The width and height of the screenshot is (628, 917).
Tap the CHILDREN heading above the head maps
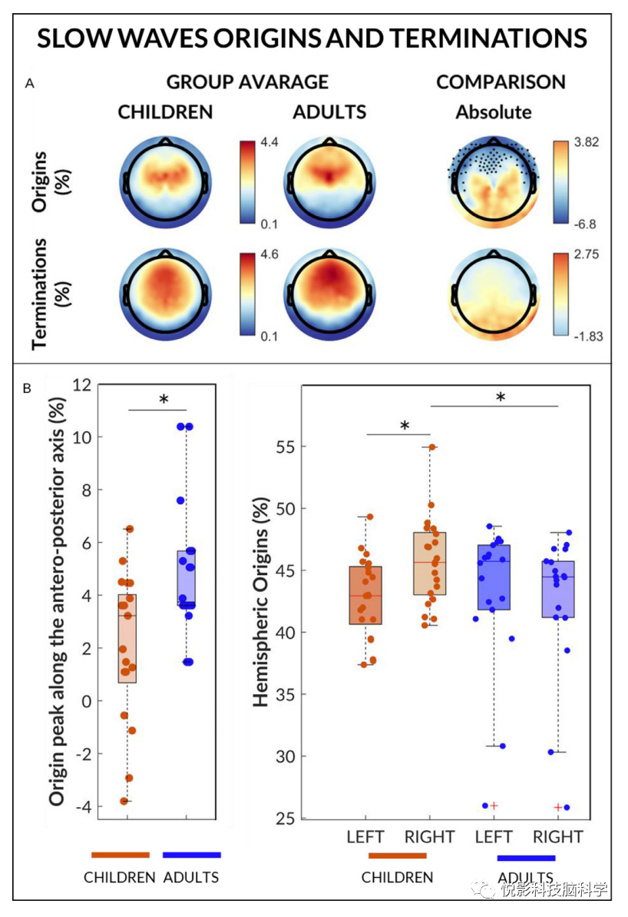click(165, 111)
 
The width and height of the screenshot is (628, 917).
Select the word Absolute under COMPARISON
click(494, 112)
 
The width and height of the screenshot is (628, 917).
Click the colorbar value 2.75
click(576, 254)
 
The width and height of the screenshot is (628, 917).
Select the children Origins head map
click(164, 182)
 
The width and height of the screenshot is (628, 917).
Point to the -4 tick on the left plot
click(81, 806)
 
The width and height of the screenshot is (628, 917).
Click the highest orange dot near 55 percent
click(432, 447)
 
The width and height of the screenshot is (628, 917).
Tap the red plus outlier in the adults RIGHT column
click(557, 807)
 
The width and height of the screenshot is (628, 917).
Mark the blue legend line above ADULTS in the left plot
click(192, 855)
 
